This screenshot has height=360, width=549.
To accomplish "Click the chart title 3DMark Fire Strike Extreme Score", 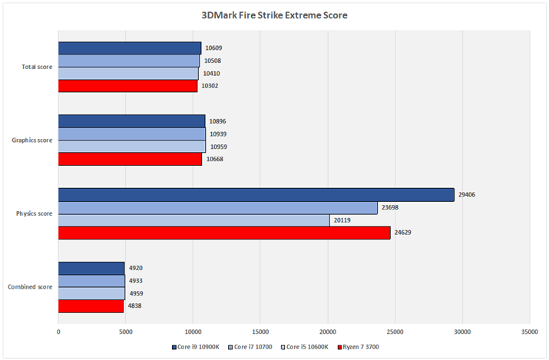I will tap(275, 15).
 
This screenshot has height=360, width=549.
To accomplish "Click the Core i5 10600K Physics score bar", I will tap(193, 220).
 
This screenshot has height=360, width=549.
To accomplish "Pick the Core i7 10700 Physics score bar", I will tap(217, 208).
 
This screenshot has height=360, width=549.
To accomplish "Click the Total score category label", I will tap(37, 67).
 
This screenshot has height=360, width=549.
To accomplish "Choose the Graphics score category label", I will tap(33, 140).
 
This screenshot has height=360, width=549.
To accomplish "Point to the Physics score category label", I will tap(35, 213).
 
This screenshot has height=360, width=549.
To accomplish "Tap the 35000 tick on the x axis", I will tap(529, 332).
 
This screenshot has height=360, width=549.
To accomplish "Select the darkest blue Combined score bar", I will tap(91, 268).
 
